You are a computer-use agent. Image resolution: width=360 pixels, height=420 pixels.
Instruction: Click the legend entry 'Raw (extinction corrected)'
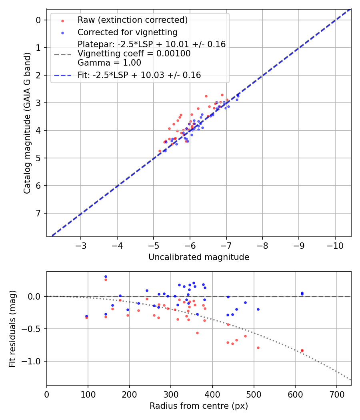(x=132, y=20)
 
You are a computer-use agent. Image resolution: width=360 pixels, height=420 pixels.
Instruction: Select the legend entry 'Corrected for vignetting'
(x=127, y=32)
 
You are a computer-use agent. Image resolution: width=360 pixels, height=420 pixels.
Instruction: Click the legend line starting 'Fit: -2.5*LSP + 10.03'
(x=139, y=75)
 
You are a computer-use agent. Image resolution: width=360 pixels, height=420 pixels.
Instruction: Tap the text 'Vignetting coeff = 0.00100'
(x=134, y=53)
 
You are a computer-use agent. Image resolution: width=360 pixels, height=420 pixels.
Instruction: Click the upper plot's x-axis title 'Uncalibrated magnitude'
(x=199, y=257)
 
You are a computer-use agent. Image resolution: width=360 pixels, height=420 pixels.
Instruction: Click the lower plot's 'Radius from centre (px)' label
(x=199, y=406)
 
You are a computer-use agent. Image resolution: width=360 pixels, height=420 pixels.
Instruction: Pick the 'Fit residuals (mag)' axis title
(x=12, y=328)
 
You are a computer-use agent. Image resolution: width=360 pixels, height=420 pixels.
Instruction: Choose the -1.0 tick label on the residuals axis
(x=34, y=361)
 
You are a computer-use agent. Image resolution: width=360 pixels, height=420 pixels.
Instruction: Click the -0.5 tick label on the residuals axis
(x=34, y=329)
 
